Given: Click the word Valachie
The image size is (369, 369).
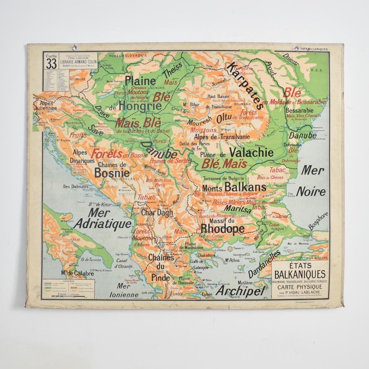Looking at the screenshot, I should [x=251, y=152].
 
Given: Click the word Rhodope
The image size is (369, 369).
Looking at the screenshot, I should [x=223, y=229].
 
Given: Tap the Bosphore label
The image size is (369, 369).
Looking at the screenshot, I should [x=318, y=221].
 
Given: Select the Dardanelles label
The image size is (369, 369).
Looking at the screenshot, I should [x=265, y=263].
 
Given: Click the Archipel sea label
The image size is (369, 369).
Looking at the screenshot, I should [x=240, y=291].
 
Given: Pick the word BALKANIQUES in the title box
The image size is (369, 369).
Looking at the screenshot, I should [x=300, y=274].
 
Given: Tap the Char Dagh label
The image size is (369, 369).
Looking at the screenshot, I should [x=157, y=213].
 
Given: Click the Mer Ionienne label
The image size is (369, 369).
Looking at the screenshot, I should [x=124, y=290].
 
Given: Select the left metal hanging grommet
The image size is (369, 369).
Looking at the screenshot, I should [x=74, y=48].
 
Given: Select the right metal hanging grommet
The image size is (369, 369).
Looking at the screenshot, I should [x=296, y=48].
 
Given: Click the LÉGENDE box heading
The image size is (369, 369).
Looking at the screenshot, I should [x=69, y=281].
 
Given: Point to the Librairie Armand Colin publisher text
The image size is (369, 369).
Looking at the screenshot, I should [x=78, y=62].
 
